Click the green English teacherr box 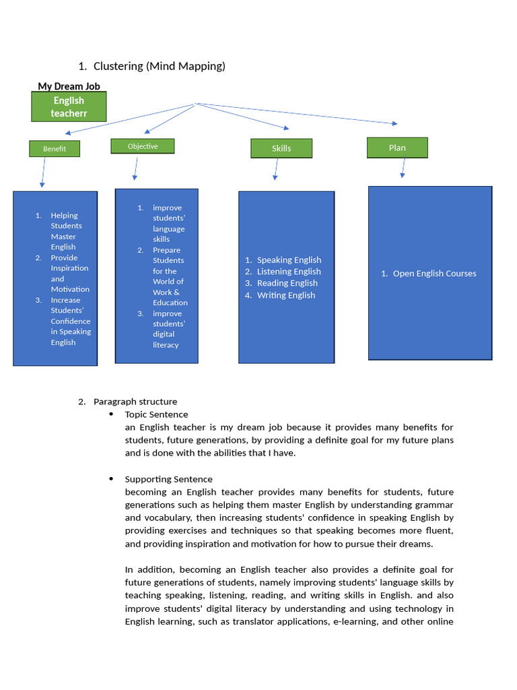[x=69, y=106]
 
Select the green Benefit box [x=55, y=149]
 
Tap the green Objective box [x=143, y=146]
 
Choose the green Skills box [x=281, y=148]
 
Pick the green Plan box [x=397, y=148]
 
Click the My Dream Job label [x=69, y=86]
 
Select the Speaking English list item [x=289, y=260]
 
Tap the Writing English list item [x=285, y=295]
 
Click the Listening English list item [x=289, y=272]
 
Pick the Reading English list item [x=287, y=283]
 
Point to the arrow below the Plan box [x=403, y=168]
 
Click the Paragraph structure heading [x=135, y=402]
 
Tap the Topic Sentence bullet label [x=156, y=414]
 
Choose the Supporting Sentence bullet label [x=168, y=479]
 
